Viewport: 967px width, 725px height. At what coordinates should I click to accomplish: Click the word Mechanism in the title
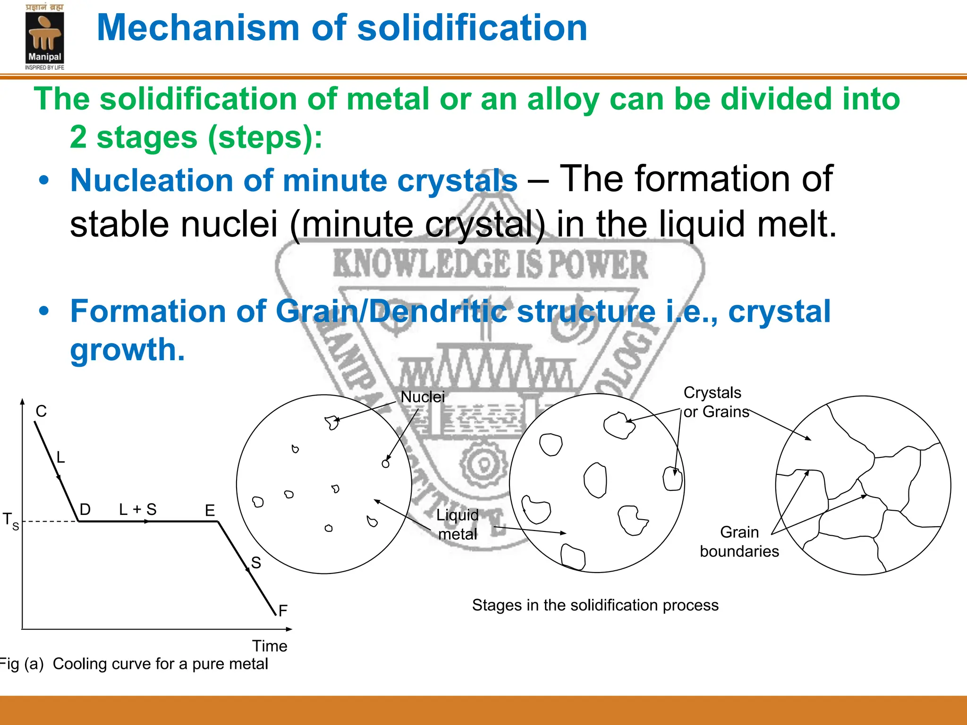(x=198, y=28)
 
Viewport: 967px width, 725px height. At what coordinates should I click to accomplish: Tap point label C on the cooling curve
(x=41, y=412)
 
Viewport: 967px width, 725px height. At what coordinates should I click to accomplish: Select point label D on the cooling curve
(x=85, y=509)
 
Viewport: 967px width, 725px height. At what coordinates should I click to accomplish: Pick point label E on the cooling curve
(x=210, y=510)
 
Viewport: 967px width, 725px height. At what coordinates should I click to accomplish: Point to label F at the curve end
(x=283, y=611)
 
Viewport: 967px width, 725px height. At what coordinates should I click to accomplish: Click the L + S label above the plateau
(x=137, y=509)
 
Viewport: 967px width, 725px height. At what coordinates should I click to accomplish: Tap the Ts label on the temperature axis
(x=11, y=521)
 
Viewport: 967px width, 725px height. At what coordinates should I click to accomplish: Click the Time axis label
(x=269, y=646)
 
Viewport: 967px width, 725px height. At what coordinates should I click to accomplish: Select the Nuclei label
(x=423, y=397)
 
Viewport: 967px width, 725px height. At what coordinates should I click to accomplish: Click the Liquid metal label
(x=457, y=524)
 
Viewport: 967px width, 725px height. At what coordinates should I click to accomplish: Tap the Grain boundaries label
(x=739, y=542)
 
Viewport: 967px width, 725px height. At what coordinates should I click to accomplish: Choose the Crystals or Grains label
(x=716, y=402)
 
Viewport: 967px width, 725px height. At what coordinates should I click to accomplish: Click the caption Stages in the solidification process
(x=595, y=605)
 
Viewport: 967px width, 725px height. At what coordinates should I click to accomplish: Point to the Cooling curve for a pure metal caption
(x=160, y=664)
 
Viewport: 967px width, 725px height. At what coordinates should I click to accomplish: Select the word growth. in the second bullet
(x=127, y=350)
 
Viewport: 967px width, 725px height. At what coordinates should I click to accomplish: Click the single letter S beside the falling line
(x=256, y=563)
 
